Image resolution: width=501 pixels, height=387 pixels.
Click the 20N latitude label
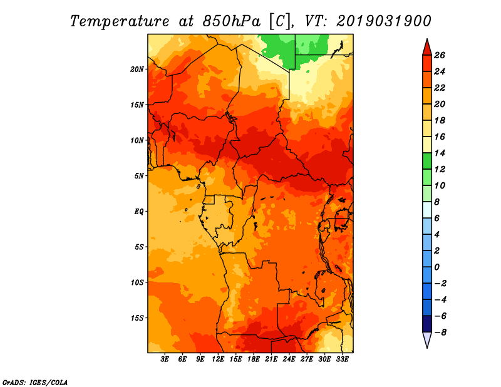tap(137, 70)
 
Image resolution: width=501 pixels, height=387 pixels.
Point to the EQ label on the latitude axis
tap(139, 212)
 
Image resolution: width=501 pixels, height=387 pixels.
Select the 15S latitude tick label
tap(137, 318)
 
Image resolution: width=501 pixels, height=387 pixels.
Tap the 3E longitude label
tap(165, 359)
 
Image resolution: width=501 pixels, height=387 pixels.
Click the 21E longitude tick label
tap(271, 359)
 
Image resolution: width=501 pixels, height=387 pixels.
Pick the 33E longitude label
tap(342, 359)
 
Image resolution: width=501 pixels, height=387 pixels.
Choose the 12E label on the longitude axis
tap(218, 359)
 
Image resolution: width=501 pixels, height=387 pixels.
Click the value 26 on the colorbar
tap(440, 55)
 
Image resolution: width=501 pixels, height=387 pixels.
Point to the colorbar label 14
tap(440, 153)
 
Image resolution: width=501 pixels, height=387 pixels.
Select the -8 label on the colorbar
tap(440, 333)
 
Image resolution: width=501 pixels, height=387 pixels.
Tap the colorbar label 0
tap(436, 267)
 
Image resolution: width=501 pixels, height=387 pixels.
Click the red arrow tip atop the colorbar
tap(427, 39)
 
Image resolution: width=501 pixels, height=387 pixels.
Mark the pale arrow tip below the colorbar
tap(427, 348)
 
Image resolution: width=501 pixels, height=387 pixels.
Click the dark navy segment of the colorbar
tap(427, 324)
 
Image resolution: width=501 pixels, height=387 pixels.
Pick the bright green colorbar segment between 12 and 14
tap(427, 161)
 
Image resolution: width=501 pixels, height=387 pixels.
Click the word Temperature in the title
tap(120, 21)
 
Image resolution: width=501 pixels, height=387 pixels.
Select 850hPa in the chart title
tap(231, 21)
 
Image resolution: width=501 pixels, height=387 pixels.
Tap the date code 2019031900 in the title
tap(384, 21)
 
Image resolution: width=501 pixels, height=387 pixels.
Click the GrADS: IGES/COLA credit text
tap(35, 383)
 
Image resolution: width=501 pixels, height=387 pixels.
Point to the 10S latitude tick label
tap(137, 282)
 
